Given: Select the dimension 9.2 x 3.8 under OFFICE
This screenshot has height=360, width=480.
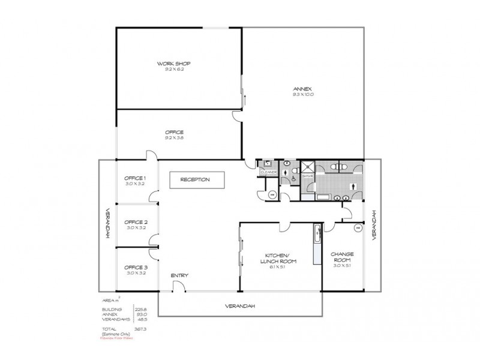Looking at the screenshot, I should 174,138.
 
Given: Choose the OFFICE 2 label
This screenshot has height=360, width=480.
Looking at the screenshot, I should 136,222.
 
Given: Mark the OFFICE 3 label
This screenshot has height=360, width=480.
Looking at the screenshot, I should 136,267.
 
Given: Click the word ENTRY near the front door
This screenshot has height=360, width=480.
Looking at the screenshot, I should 179,275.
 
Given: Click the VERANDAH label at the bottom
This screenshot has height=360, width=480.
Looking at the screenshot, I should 240,305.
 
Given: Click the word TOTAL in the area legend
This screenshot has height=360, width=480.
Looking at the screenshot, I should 109,329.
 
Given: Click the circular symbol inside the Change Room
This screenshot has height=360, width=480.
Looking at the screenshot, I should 358,227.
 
